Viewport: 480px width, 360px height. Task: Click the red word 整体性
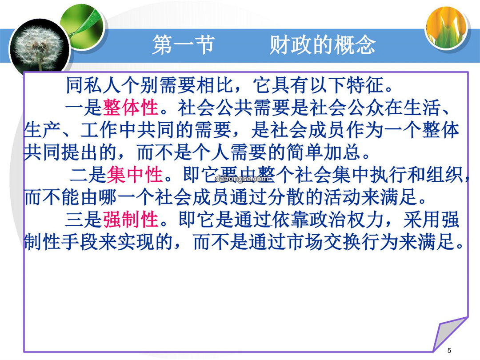pyautogui.click(x=131, y=108)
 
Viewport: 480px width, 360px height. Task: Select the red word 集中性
pyautogui.click(x=135, y=175)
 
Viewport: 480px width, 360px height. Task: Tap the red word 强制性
pyautogui.click(x=131, y=220)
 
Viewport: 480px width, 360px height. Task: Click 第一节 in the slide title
pyautogui.click(x=183, y=45)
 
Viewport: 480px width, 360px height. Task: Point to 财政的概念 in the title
pyautogui.click(x=323, y=45)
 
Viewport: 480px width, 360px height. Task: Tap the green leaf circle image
pyautogui.click(x=83, y=26)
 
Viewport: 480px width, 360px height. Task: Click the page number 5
pyautogui.click(x=449, y=350)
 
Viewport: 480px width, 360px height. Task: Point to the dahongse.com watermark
pyautogui.click(x=241, y=179)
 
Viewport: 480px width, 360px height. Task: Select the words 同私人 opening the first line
pyautogui.click(x=93, y=85)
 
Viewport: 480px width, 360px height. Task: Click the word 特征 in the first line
pyautogui.click(x=365, y=85)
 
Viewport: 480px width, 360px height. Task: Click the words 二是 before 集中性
pyautogui.click(x=88, y=175)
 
